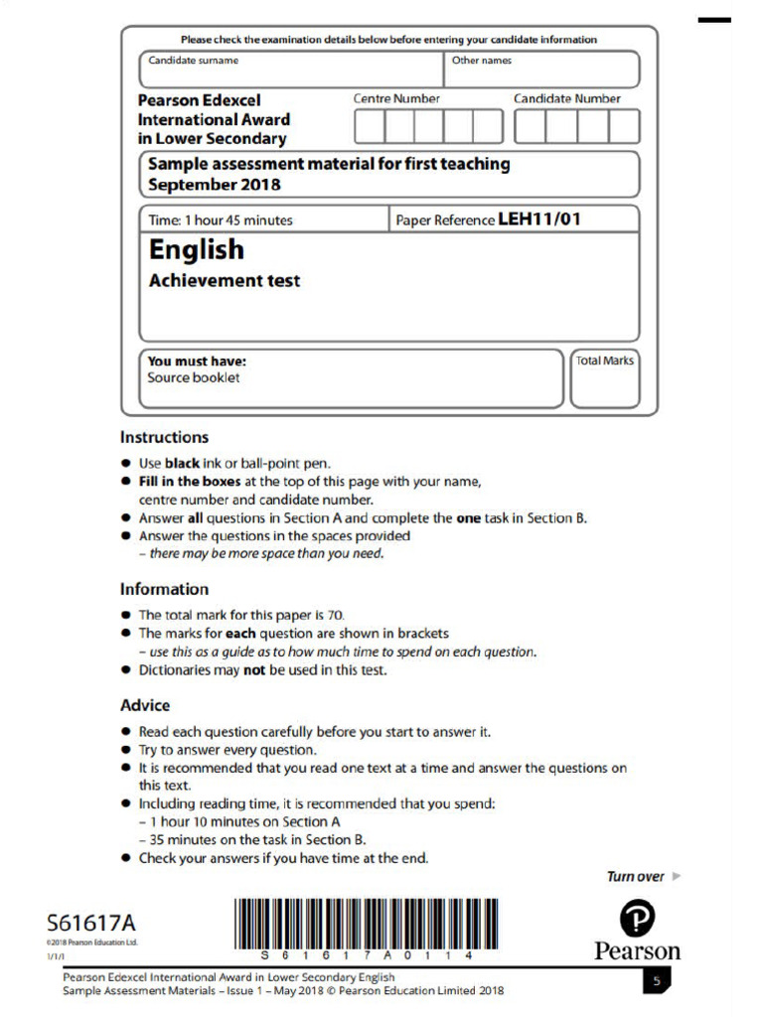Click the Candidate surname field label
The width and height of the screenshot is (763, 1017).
click(x=193, y=61)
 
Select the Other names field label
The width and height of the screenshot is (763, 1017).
click(x=482, y=61)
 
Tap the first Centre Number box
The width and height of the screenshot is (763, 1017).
click(x=370, y=127)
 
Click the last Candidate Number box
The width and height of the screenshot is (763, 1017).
click(x=624, y=127)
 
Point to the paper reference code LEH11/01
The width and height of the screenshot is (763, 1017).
click(x=538, y=219)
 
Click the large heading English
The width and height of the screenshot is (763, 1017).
click(x=196, y=249)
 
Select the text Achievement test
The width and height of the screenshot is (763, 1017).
click(x=224, y=281)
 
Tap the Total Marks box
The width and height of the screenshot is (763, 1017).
click(x=604, y=378)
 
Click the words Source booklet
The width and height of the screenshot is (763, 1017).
click(x=194, y=378)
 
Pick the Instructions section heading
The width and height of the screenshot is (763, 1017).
click(x=164, y=437)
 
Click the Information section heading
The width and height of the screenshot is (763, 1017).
click(x=164, y=589)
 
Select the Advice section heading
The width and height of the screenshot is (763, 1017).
click(x=145, y=705)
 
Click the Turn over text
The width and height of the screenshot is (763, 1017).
click(x=636, y=876)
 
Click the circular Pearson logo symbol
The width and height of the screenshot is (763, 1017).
click(x=637, y=920)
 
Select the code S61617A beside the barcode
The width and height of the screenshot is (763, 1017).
click(x=90, y=924)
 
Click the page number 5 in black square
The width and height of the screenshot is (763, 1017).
click(x=657, y=981)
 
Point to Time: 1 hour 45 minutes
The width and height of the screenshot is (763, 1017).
click(x=220, y=220)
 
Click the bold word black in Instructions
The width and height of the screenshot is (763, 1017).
click(x=182, y=463)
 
